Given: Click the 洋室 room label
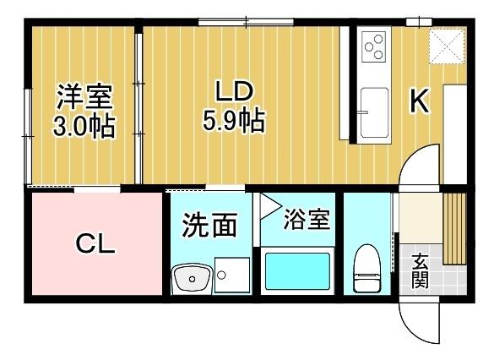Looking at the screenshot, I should (x=84, y=97).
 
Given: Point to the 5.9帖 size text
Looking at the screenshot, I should (x=233, y=121).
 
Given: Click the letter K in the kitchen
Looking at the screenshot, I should (x=420, y=101).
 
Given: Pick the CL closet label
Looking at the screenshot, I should (x=95, y=245).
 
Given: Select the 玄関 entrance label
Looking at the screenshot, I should (x=420, y=270).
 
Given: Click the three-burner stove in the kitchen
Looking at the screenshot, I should (x=372, y=46).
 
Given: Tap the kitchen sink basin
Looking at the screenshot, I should (x=372, y=110).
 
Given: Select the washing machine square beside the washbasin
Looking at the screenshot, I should (x=231, y=275).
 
